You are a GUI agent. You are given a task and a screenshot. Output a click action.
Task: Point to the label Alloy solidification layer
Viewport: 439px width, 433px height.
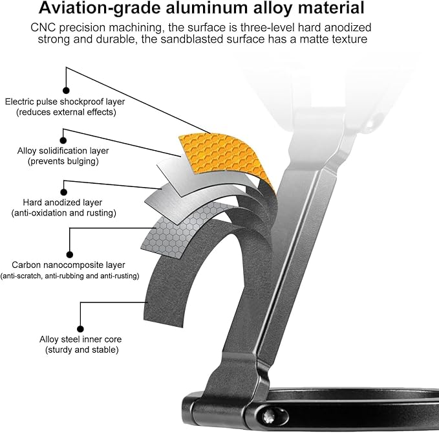click(63, 151)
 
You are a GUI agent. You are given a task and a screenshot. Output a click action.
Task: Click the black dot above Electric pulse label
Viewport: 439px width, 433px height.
click(65, 91)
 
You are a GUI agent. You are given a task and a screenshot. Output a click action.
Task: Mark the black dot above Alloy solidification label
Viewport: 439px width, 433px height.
click(63, 139)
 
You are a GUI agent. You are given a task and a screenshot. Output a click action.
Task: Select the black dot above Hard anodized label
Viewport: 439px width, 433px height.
click(63, 191)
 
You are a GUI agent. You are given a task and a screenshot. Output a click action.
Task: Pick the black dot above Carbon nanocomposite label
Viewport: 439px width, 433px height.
click(70, 254)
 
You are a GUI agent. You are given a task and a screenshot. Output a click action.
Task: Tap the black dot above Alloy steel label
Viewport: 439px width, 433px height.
click(81, 328)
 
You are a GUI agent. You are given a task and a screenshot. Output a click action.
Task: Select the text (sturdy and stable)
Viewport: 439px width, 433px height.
click(81, 350)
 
